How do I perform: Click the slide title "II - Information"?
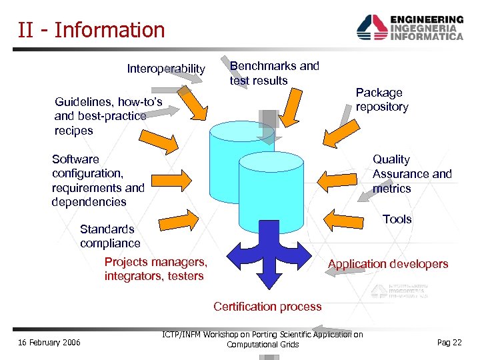click(91, 30)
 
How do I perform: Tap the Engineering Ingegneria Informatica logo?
click(409, 28)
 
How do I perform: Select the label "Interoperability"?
click(166, 69)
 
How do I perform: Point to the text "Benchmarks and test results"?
click(274, 73)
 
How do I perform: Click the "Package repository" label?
click(382, 99)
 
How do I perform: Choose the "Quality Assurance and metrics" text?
click(411, 174)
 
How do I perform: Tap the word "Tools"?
click(397, 219)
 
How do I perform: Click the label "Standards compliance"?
click(110, 236)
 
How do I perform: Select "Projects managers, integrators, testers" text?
click(155, 269)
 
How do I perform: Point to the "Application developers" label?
click(388, 264)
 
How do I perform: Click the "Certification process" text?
click(267, 307)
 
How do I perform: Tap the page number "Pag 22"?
click(449, 342)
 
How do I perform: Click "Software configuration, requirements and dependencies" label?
click(97, 181)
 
